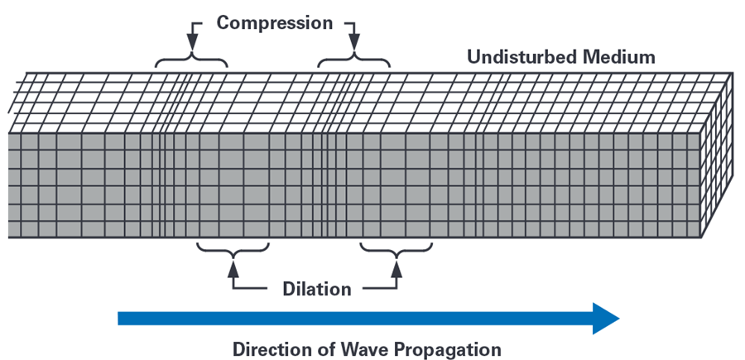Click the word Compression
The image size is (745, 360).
(275, 23)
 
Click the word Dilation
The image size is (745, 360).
(317, 289)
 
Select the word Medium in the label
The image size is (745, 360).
(619, 57)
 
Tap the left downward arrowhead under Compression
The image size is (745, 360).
(191, 41)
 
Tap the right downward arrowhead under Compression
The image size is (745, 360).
(354, 41)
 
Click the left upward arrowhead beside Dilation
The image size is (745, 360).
(233, 269)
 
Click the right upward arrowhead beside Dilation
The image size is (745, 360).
(397, 269)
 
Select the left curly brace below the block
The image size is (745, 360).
(233, 251)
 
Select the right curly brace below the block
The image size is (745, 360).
(397, 251)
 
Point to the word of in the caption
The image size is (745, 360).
(322, 349)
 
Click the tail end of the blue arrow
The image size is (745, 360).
(118, 318)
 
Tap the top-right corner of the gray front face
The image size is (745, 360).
(701, 133)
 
